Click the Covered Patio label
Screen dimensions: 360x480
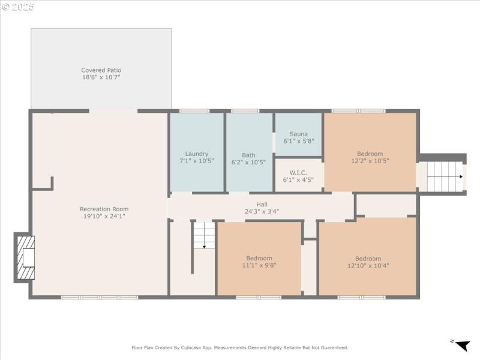pyautogui.click(x=101, y=70)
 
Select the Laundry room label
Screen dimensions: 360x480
pyautogui.click(x=196, y=154)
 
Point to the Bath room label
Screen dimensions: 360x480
pyautogui.click(x=248, y=155)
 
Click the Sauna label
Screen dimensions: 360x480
pyautogui.click(x=298, y=134)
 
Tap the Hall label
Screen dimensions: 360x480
pyautogui.click(x=262, y=204)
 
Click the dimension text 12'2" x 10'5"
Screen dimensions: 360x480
pyautogui.click(x=370, y=161)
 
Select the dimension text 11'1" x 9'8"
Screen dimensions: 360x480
pyautogui.click(x=259, y=265)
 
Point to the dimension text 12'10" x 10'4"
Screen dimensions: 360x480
pyautogui.click(x=368, y=266)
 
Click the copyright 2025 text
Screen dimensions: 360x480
pyautogui.click(x=18, y=7)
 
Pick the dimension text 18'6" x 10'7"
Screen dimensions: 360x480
pyautogui.click(x=101, y=77)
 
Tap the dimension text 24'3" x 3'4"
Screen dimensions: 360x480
pyautogui.click(x=262, y=211)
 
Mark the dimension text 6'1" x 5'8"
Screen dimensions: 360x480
pyautogui.click(x=298, y=141)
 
